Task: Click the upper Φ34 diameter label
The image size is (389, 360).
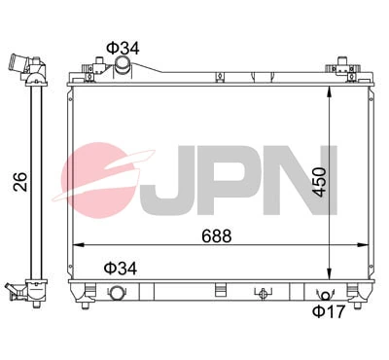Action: pos(121,47)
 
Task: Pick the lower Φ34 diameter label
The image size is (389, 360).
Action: pos(121,266)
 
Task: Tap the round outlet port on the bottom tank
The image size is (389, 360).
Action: pos(119,294)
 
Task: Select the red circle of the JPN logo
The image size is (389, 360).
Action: pos(102,175)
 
